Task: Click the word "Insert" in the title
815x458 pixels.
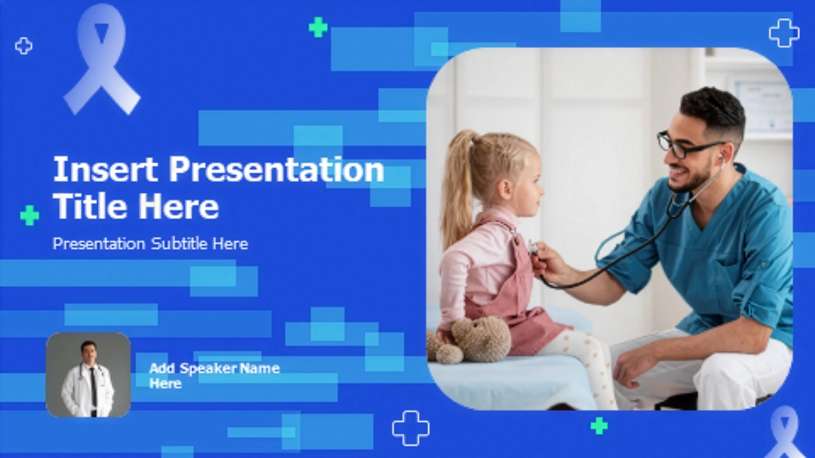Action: click(105, 169)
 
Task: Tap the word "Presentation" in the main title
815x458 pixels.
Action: click(277, 169)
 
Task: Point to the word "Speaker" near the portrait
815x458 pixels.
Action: click(208, 369)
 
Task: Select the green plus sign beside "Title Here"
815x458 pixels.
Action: click(30, 215)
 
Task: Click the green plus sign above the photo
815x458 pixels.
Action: click(318, 27)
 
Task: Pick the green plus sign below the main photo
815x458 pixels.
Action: click(599, 426)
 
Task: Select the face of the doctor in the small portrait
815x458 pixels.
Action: click(89, 351)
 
